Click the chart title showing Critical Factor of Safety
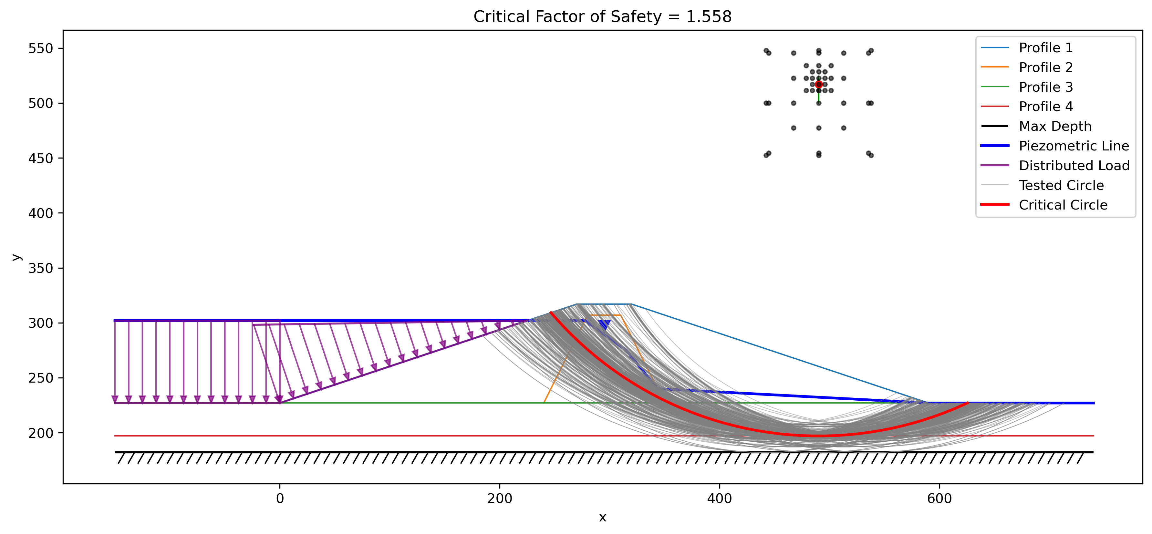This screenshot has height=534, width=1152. (x=602, y=16)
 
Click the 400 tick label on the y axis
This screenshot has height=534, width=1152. (x=41, y=213)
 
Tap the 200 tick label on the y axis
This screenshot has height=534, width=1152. (x=41, y=433)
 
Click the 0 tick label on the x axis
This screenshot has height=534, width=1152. (x=280, y=498)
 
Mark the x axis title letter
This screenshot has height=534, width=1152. (x=602, y=518)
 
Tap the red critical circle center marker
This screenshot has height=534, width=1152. (x=818, y=84)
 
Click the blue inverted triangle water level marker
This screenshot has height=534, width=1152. (x=605, y=324)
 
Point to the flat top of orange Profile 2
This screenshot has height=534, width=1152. (x=606, y=315)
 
